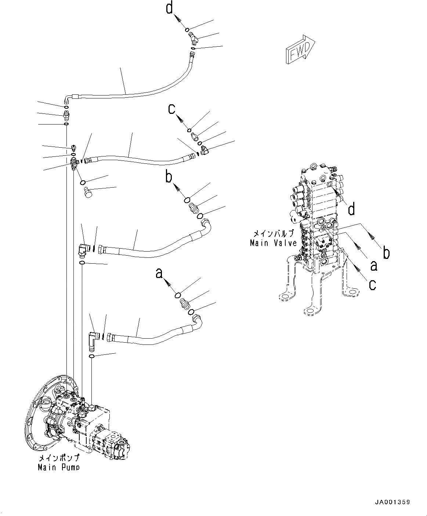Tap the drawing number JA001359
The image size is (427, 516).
pyautogui.click(x=392, y=502)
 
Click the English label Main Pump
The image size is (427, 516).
pyautogui.click(x=58, y=467)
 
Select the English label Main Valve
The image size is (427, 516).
pyautogui.click(x=273, y=243)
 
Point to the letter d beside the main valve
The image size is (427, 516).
pyautogui.click(x=351, y=209)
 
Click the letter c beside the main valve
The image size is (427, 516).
pyautogui.click(x=372, y=284)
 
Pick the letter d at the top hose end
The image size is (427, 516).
pyautogui.click(x=169, y=8)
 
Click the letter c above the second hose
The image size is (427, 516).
pyautogui.click(x=171, y=109)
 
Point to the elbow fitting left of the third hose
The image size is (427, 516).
pyautogui.click(x=83, y=250)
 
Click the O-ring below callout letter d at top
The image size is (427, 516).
pyautogui.click(x=187, y=30)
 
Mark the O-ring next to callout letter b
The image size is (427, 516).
pyautogui.click(x=187, y=200)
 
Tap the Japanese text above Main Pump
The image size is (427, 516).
pyautogui.click(x=59, y=459)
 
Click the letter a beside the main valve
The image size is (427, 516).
pyautogui.click(x=373, y=265)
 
